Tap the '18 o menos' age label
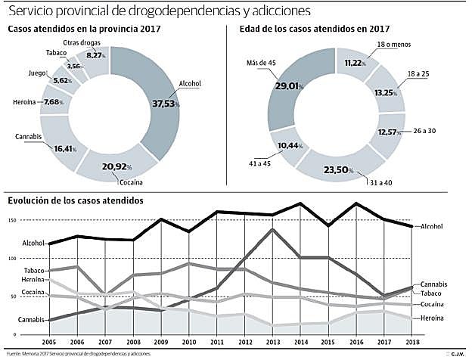click(x=396, y=45)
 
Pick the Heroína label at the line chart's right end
click(x=431, y=318)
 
